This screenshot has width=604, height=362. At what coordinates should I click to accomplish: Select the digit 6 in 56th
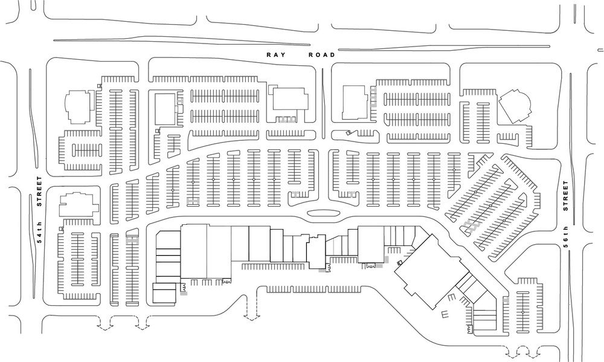(567, 243)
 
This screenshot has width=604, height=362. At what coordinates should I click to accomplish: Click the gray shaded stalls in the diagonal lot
(470, 226)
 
